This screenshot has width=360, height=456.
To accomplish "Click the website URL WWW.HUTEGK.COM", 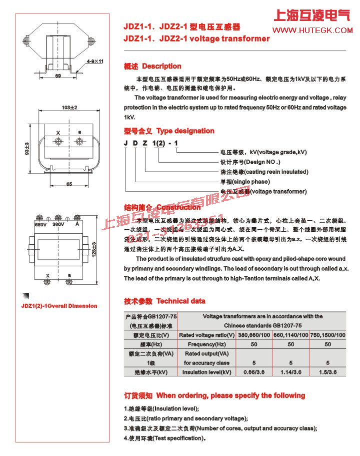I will tap(314, 31).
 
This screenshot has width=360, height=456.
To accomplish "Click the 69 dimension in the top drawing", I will tap(58, 76).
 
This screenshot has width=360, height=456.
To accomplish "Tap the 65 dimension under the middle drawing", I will tap(68, 184).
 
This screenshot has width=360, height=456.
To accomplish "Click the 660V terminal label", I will tap(40, 225).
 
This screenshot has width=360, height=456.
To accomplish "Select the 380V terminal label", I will tap(58, 225).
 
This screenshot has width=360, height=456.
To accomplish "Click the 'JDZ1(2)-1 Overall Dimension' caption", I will tap(59, 306).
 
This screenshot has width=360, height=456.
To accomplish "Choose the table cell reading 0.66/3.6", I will tap(253, 372).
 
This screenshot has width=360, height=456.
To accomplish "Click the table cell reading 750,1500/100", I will tap(327, 334).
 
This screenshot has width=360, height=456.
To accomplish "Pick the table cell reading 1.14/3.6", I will tap(291, 372).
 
